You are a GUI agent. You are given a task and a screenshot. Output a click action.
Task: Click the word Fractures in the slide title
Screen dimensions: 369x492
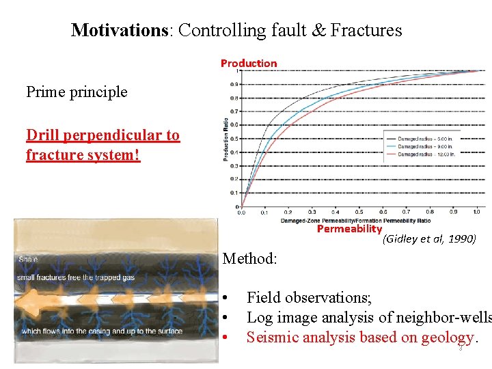pyautogui.click(x=366, y=30)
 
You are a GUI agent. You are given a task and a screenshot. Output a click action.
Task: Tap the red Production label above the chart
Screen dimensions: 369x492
pyautogui.click(x=249, y=64)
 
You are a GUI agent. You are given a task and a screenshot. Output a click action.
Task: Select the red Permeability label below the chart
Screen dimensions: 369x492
pyautogui.click(x=349, y=230)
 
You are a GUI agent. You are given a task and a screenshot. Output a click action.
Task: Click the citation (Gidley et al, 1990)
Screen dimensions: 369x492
pyautogui.click(x=429, y=239)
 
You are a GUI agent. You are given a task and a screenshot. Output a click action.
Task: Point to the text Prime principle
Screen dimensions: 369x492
pyautogui.click(x=77, y=92)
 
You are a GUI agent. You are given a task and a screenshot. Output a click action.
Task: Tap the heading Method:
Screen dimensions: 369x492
pyautogui.click(x=250, y=259)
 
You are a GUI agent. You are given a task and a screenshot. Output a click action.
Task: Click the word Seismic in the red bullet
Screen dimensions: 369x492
pyautogui.click(x=271, y=337)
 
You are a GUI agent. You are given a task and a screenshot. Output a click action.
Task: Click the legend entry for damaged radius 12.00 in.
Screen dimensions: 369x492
pyautogui.click(x=428, y=154)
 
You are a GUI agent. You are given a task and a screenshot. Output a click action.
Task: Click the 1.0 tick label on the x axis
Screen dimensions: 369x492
pyautogui.click(x=476, y=212)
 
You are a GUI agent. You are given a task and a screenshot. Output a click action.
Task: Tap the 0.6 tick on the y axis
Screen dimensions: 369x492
pyautogui.click(x=234, y=125)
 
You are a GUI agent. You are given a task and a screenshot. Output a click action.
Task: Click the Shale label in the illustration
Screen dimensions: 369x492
pyautogui.click(x=28, y=260)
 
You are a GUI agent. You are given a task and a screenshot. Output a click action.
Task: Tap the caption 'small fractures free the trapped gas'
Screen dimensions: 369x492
pyautogui.click(x=76, y=277)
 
